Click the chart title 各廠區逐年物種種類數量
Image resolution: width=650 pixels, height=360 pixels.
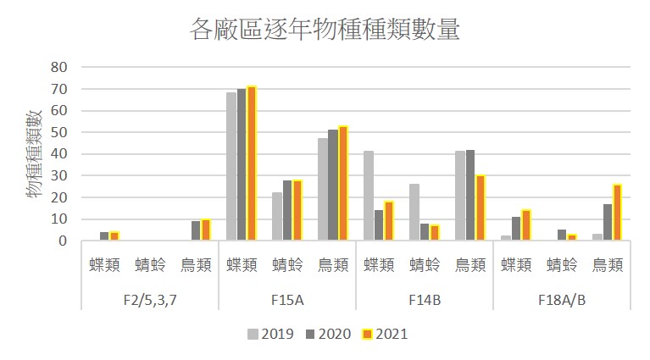(x=325, y=30)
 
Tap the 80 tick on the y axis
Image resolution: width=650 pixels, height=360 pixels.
(x=59, y=67)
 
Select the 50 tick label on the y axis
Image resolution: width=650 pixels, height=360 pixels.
(x=59, y=132)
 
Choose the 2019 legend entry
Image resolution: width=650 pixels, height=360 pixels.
(x=271, y=334)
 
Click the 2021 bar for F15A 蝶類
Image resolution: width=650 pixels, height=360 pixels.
(x=252, y=163)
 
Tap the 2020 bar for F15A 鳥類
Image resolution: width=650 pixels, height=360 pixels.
(x=333, y=185)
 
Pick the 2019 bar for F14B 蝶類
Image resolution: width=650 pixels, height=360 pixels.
(x=369, y=196)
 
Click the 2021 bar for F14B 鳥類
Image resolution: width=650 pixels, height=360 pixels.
(x=481, y=208)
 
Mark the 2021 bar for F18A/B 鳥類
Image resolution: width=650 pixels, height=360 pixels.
(x=618, y=212)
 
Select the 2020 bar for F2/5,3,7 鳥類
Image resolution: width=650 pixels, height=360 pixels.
(x=196, y=230)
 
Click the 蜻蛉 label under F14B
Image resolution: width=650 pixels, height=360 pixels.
(x=425, y=265)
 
